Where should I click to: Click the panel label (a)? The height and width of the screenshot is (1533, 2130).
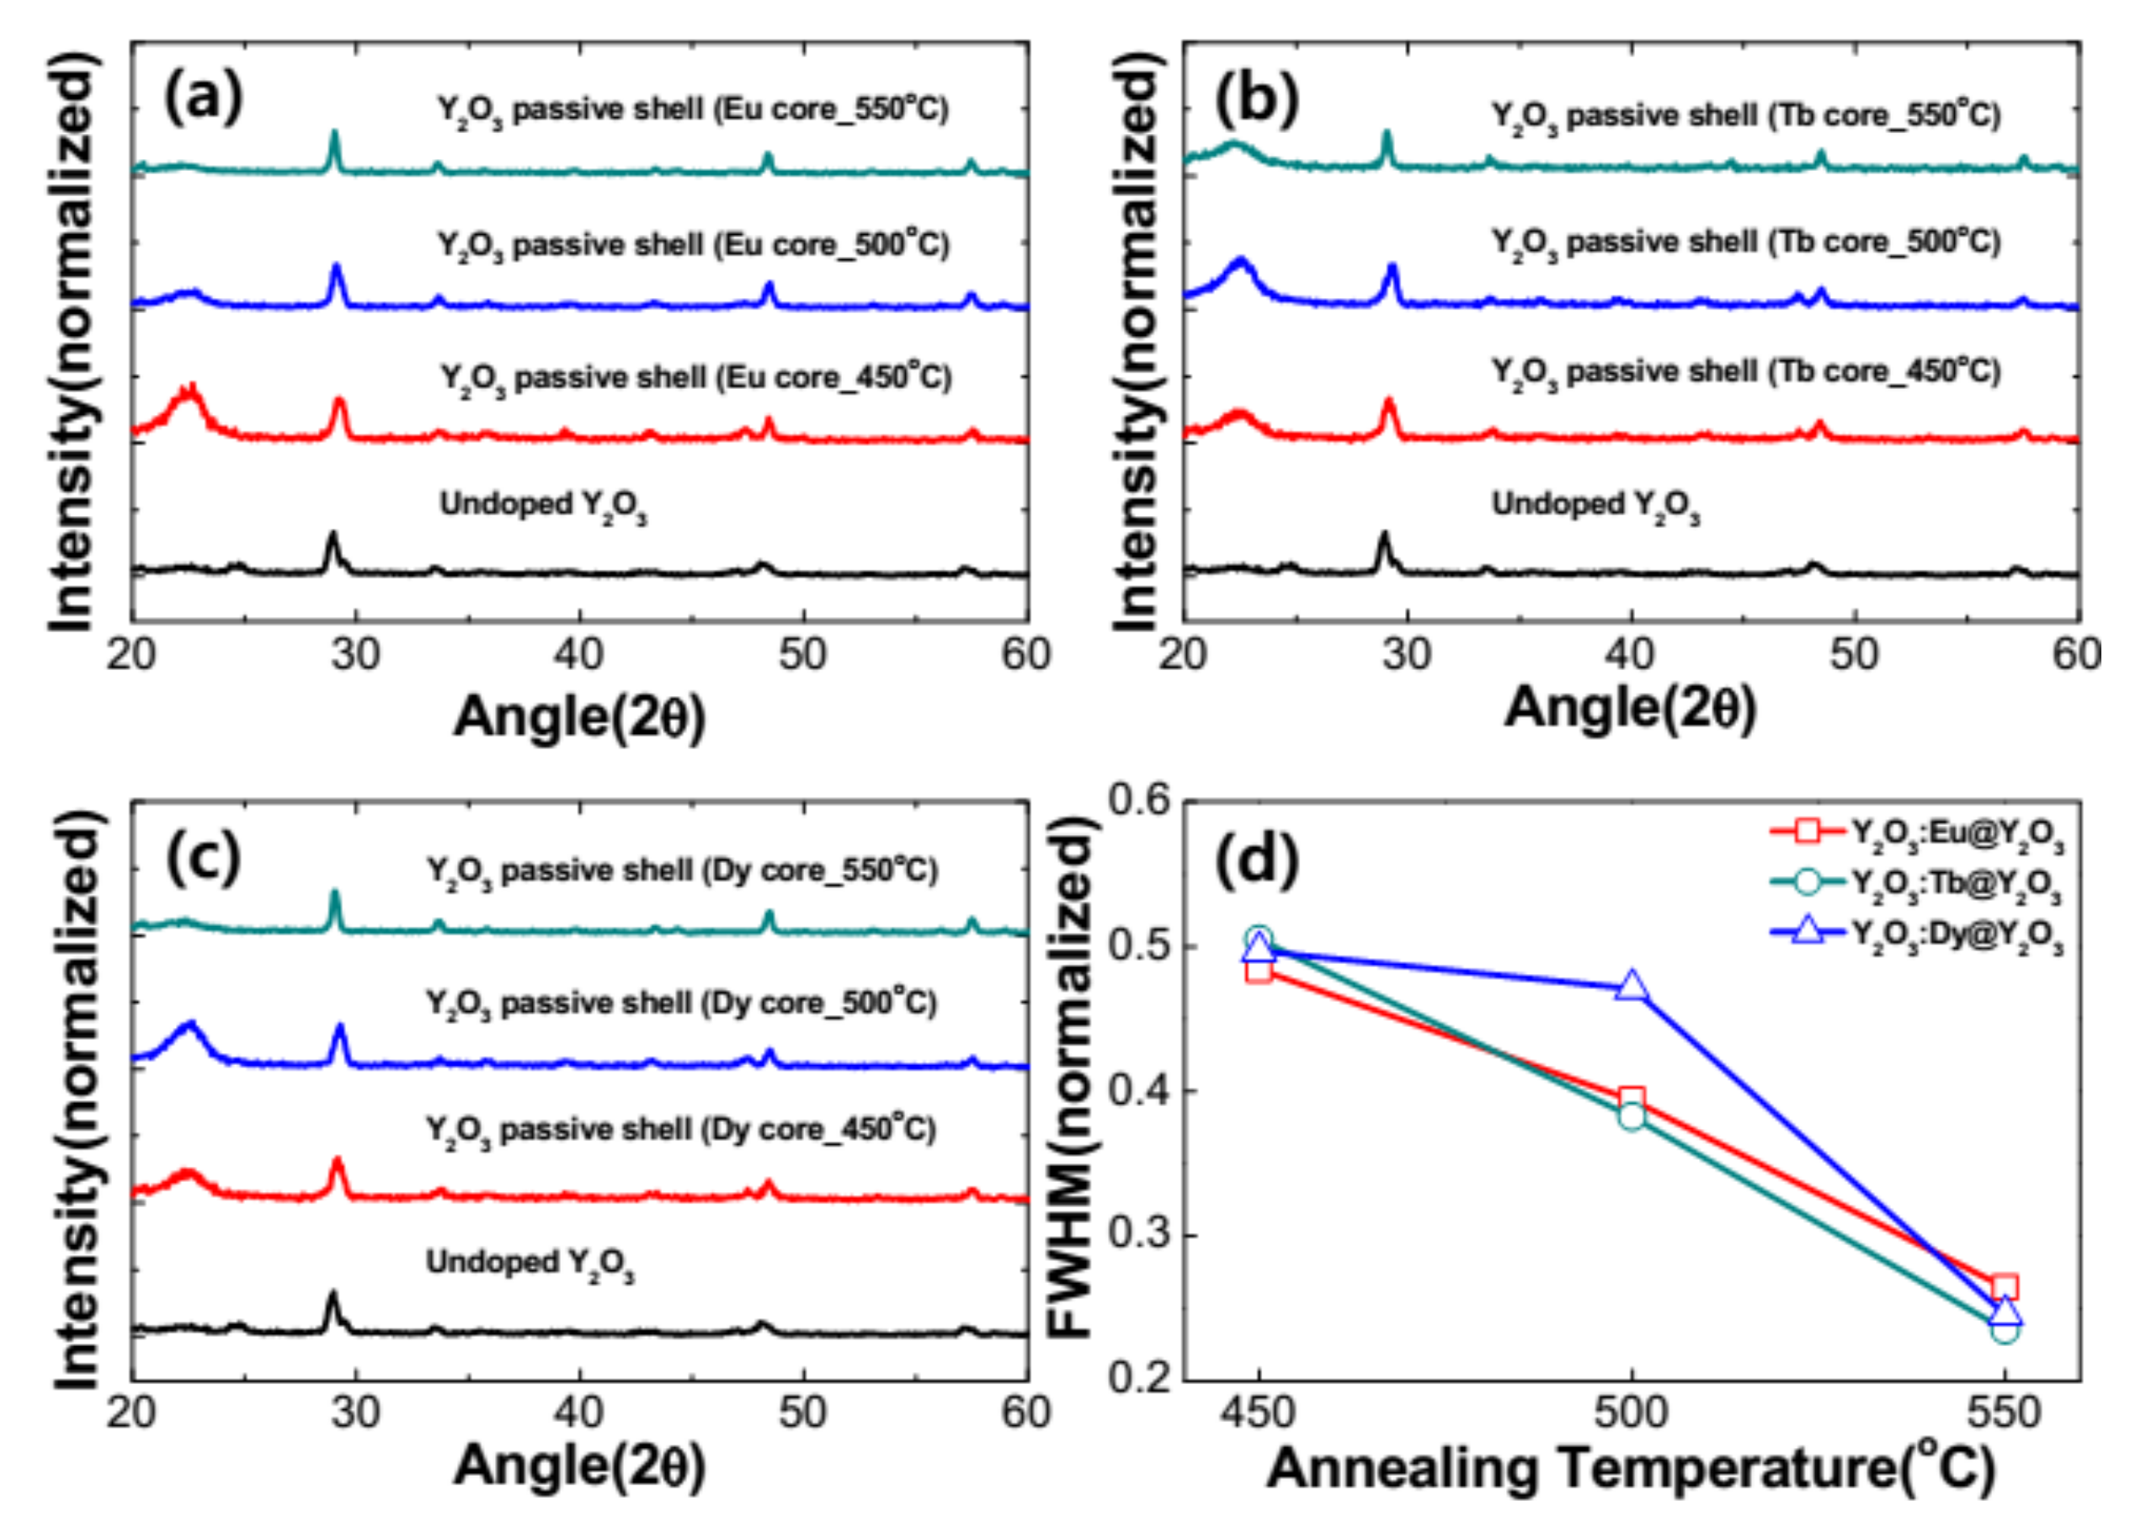coord(203,98)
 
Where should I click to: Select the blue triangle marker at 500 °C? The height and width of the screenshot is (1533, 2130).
coord(1632,987)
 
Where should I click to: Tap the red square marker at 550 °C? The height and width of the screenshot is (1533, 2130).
coord(2003,1288)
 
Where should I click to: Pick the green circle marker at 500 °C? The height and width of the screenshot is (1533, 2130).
coord(1632,1117)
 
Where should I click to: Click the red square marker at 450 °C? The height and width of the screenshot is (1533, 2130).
coord(1259,971)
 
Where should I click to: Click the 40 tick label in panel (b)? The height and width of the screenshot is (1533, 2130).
coord(1632,655)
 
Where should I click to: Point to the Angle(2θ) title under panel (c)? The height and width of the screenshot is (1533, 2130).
coord(579,1466)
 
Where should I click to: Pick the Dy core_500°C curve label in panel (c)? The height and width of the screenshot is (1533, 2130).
coord(682,1004)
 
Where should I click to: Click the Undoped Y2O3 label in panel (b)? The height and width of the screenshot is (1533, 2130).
coord(1595,506)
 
